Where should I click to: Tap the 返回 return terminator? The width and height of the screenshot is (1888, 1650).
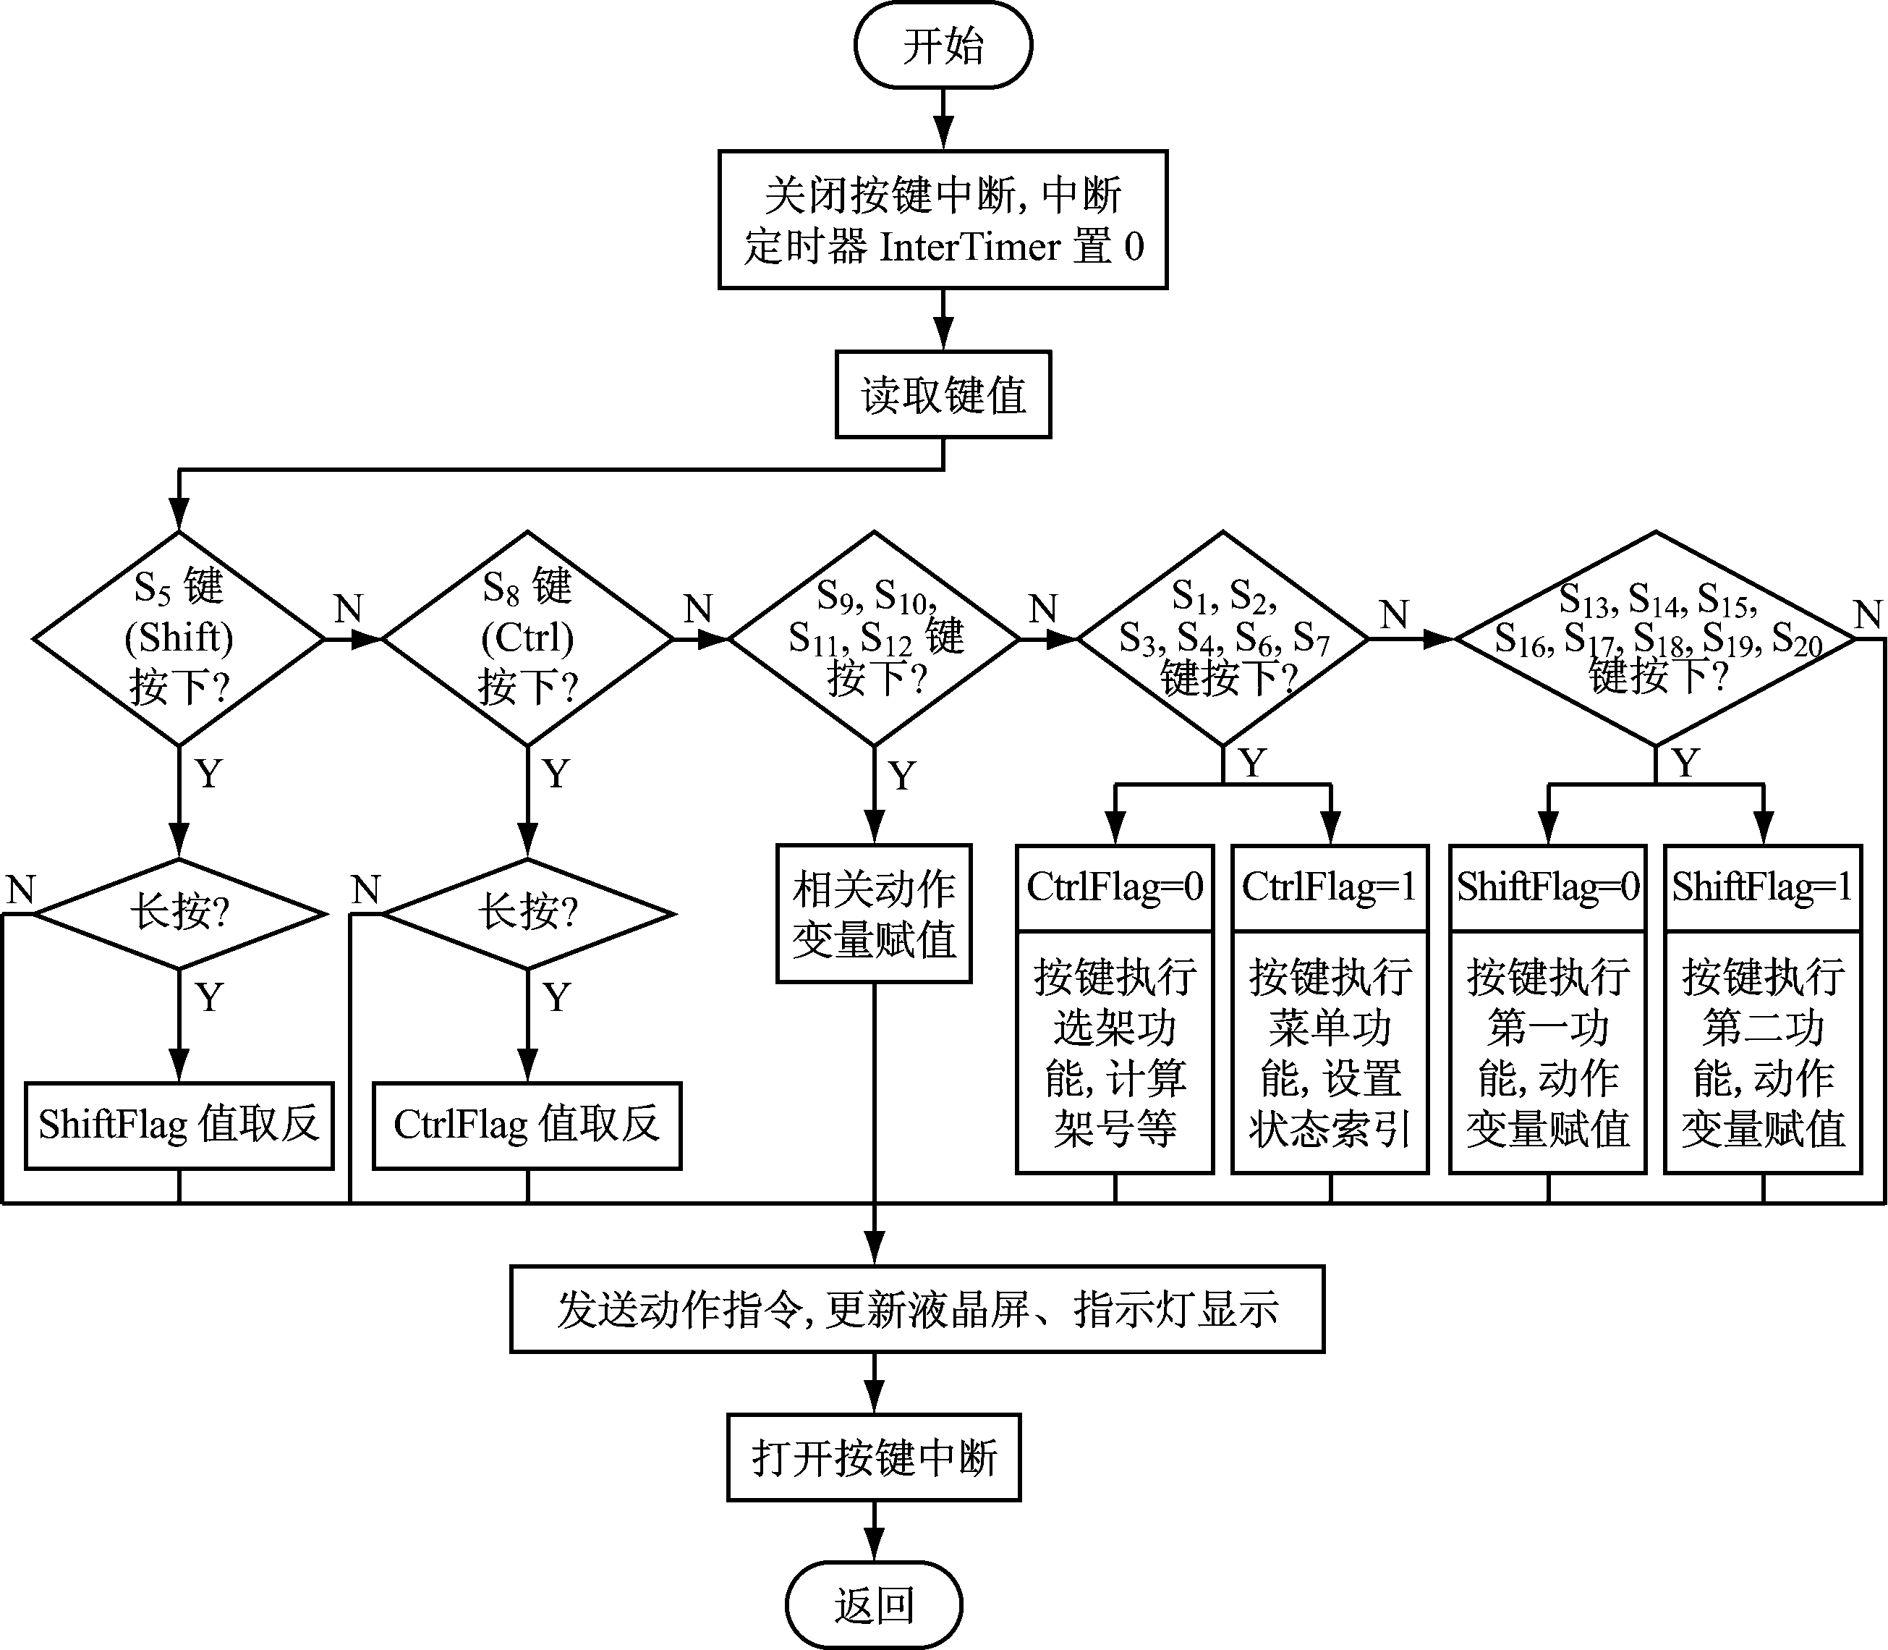click(874, 1605)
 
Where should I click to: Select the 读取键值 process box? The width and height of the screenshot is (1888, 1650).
click(943, 395)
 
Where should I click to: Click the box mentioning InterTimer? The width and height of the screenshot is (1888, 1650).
click(943, 220)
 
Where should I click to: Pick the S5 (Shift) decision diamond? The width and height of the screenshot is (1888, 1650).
click(179, 638)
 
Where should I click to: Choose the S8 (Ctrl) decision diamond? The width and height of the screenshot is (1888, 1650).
click(527, 638)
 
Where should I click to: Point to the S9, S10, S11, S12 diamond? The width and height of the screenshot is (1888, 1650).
click(875, 638)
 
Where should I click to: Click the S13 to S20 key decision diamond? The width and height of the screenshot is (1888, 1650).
click(1655, 638)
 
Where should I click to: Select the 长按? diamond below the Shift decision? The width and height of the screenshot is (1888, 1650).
click(179, 913)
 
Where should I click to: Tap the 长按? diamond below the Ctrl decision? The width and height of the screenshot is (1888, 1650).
click(527, 913)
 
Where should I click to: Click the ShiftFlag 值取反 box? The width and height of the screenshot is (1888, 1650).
click(179, 1125)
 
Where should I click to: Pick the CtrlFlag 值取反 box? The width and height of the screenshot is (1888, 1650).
click(527, 1125)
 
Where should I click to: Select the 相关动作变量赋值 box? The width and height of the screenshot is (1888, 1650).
click(874, 913)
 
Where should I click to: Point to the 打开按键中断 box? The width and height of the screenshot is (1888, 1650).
click(874, 1457)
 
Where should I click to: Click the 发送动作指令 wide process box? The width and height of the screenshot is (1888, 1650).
click(917, 1308)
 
